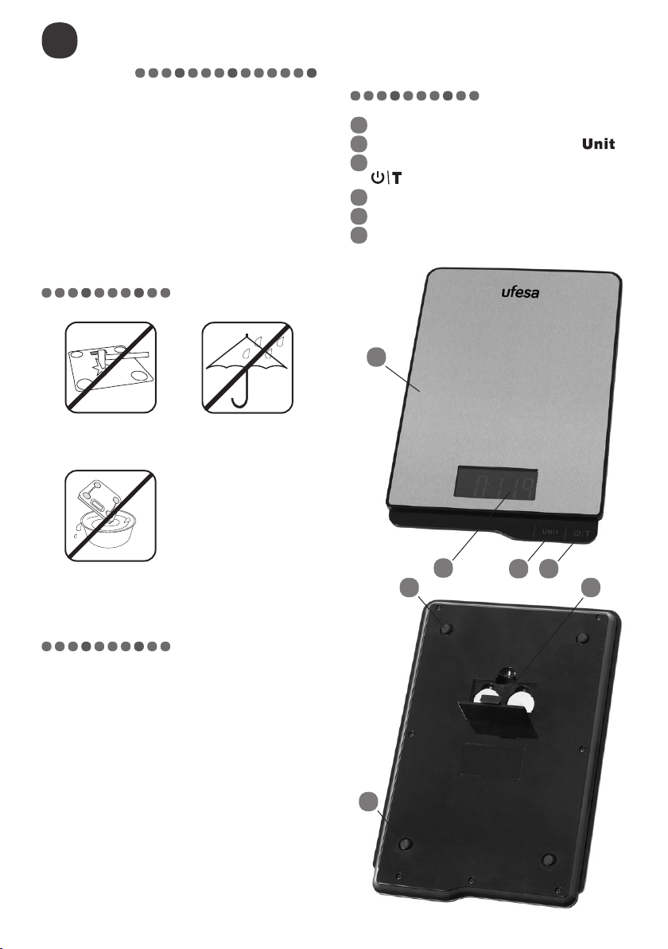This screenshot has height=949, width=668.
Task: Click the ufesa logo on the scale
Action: pos(520,292)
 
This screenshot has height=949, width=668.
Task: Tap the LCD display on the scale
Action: pos(497,484)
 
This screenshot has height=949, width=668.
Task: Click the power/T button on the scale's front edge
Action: pos(581,533)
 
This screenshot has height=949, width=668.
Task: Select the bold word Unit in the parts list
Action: pos(599,144)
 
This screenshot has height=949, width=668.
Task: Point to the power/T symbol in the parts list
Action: pos(387,178)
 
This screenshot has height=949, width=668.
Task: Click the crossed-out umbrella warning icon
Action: pos(247,367)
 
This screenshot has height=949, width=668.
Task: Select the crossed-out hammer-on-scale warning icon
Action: pos(111,367)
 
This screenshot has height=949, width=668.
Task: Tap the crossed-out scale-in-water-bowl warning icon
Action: pos(111,516)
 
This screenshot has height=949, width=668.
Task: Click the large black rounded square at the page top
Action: pos(59,41)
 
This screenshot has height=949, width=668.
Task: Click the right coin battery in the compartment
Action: pos(520,701)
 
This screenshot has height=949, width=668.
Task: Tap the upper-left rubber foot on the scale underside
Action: pos(447,629)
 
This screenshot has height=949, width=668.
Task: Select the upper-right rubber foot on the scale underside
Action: pos(583,638)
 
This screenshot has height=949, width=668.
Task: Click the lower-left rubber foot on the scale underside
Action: pos(406,844)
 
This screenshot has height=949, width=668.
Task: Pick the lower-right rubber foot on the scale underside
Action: pos(548,859)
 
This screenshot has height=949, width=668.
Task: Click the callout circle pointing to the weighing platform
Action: pos(376,357)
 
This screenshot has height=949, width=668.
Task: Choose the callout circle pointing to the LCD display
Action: pos(443,568)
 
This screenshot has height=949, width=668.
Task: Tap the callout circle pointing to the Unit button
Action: pos(518,568)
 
